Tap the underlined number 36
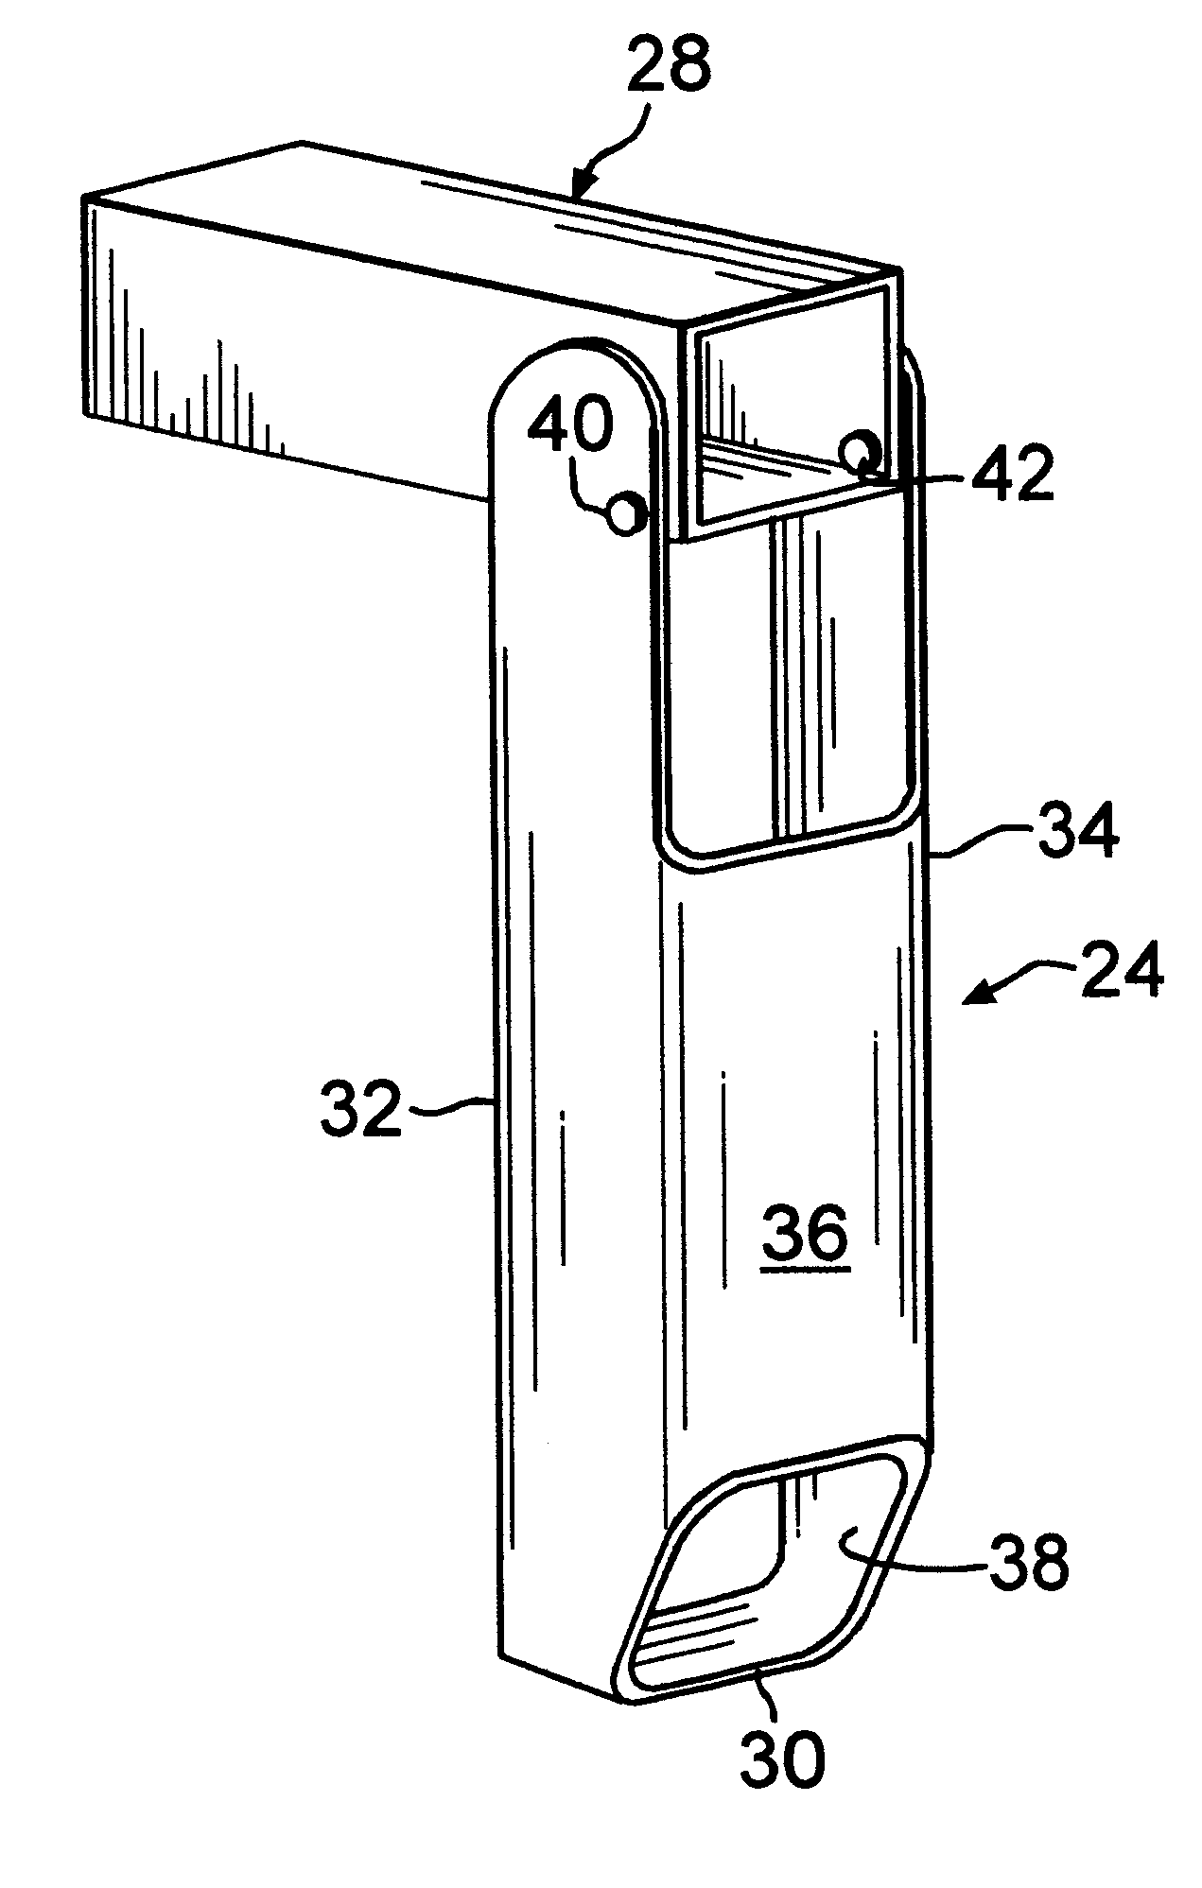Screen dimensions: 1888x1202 (x=806, y=1235)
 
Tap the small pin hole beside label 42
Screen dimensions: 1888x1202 (x=862, y=454)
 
